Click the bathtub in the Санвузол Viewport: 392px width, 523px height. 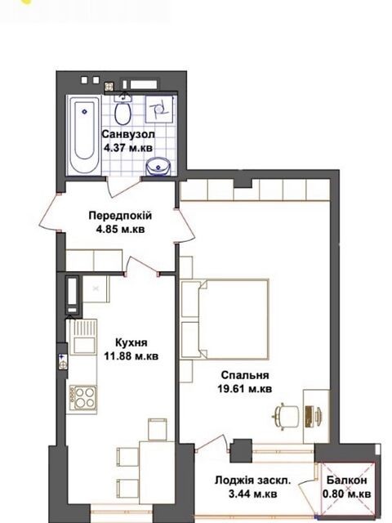[x=84, y=134]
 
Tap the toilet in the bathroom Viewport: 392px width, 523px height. [x=122, y=110]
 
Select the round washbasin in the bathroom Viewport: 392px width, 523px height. [x=158, y=167]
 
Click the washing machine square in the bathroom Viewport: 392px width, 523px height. [x=159, y=109]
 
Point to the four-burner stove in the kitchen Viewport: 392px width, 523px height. [x=83, y=397]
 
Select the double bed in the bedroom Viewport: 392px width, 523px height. [x=225, y=320]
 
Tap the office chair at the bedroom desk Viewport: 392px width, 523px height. [x=285, y=415]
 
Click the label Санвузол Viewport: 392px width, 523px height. [x=128, y=134]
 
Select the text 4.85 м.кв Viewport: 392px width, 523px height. [x=120, y=230]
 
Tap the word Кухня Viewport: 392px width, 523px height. [x=131, y=342]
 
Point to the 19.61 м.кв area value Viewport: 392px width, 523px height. [x=245, y=389]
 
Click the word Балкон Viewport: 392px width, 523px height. [x=346, y=481]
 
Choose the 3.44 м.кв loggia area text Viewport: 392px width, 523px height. [x=252, y=494]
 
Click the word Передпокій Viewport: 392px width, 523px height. [x=120, y=216]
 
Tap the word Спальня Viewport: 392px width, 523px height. [x=245, y=375]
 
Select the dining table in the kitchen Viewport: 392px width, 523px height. [x=157, y=476]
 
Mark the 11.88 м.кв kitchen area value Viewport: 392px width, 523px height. [x=131, y=356]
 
